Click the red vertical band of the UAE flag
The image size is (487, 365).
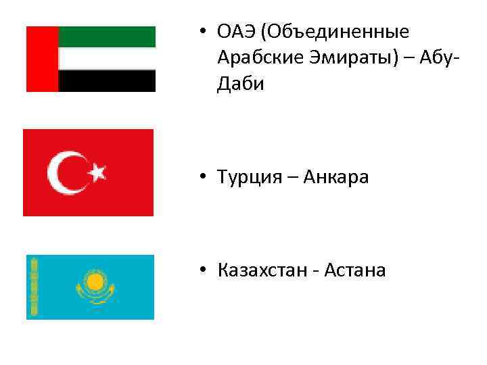[42, 59]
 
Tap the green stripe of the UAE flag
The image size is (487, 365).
[107, 36]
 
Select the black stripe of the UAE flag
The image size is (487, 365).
[107, 81]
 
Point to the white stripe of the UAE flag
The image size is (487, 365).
[107, 59]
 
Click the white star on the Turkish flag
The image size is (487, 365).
[99, 172]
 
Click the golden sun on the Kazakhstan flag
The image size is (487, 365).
[95, 281]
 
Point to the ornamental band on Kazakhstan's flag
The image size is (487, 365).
[31, 287]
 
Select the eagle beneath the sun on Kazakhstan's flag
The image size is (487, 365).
[95, 295]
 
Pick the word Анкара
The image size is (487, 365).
[335, 178]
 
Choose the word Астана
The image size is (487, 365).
[354, 271]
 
